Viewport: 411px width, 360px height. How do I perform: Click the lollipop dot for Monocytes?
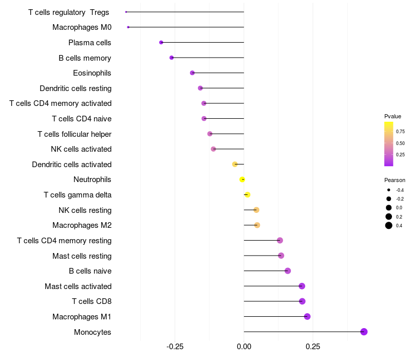click(364, 332)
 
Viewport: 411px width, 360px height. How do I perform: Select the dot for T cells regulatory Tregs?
click(126, 12)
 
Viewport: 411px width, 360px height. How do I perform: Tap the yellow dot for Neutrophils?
click(242, 179)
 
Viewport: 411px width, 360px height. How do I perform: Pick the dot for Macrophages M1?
click(307, 316)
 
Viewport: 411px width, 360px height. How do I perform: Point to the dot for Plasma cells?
click(161, 42)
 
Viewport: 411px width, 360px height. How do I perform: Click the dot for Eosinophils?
click(192, 73)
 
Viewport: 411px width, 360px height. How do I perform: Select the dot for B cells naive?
click(288, 271)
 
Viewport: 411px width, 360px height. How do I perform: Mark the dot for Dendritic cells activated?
click(235, 165)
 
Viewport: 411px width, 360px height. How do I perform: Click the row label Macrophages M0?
click(82, 27)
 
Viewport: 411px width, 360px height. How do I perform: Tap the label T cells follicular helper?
click(74, 134)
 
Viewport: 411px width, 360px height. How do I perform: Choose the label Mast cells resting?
click(82, 256)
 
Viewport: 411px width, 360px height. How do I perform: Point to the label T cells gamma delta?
click(78, 195)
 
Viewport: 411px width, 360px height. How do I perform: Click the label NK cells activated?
click(81, 149)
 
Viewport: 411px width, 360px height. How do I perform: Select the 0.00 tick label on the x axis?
click(244, 347)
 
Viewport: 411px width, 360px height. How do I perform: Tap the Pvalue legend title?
click(393, 116)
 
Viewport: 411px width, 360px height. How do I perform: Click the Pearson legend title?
click(395, 180)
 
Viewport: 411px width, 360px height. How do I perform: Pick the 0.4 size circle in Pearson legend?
click(389, 225)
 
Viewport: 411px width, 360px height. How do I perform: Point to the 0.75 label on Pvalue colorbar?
click(400, 132)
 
